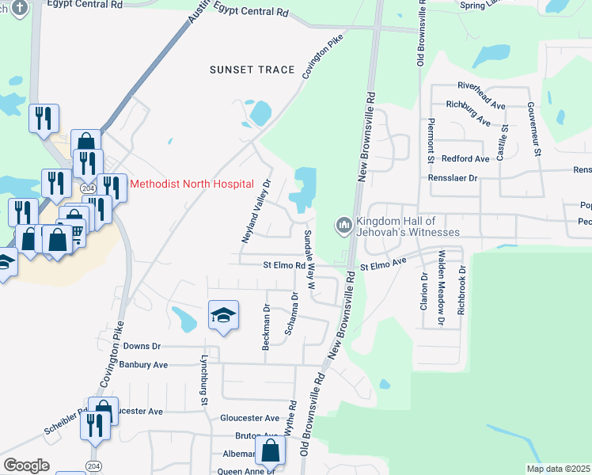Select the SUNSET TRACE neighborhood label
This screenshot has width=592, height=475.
coord(252,70)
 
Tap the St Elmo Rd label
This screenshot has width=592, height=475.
coord(284,266)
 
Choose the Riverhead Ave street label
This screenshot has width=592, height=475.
coord(481,85)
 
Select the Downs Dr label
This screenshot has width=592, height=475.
coord(142,346)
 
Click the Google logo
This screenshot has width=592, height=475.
coord(26,465)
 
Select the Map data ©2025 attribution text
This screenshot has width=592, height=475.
coord(559,469)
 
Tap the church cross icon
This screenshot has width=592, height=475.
coord(20,7)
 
